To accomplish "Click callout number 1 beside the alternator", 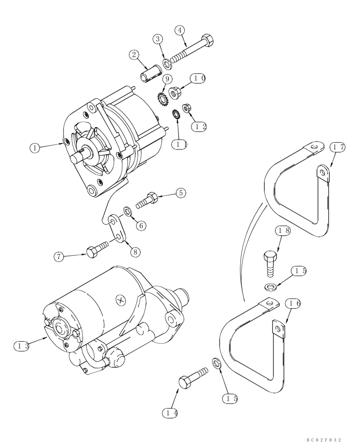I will pos(35,148).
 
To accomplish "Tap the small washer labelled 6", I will pos(127,209).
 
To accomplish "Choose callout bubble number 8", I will pos(135,251).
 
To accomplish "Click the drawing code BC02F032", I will pos(324,439).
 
